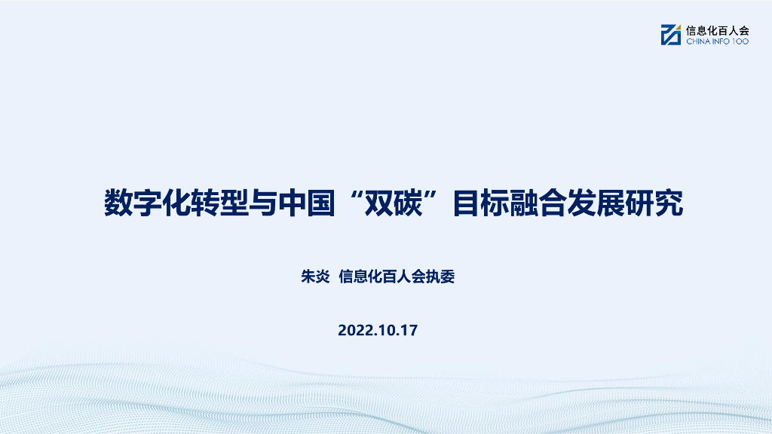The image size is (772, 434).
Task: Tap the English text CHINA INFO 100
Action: click(717, 42)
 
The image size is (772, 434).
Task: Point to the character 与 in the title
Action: click(262, 203)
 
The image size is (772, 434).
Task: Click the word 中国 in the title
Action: click(305, 203)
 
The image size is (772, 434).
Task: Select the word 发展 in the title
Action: click(596, 203)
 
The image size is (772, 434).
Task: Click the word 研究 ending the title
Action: click(654, 203)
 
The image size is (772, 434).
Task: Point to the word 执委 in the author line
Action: click(441, 277)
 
